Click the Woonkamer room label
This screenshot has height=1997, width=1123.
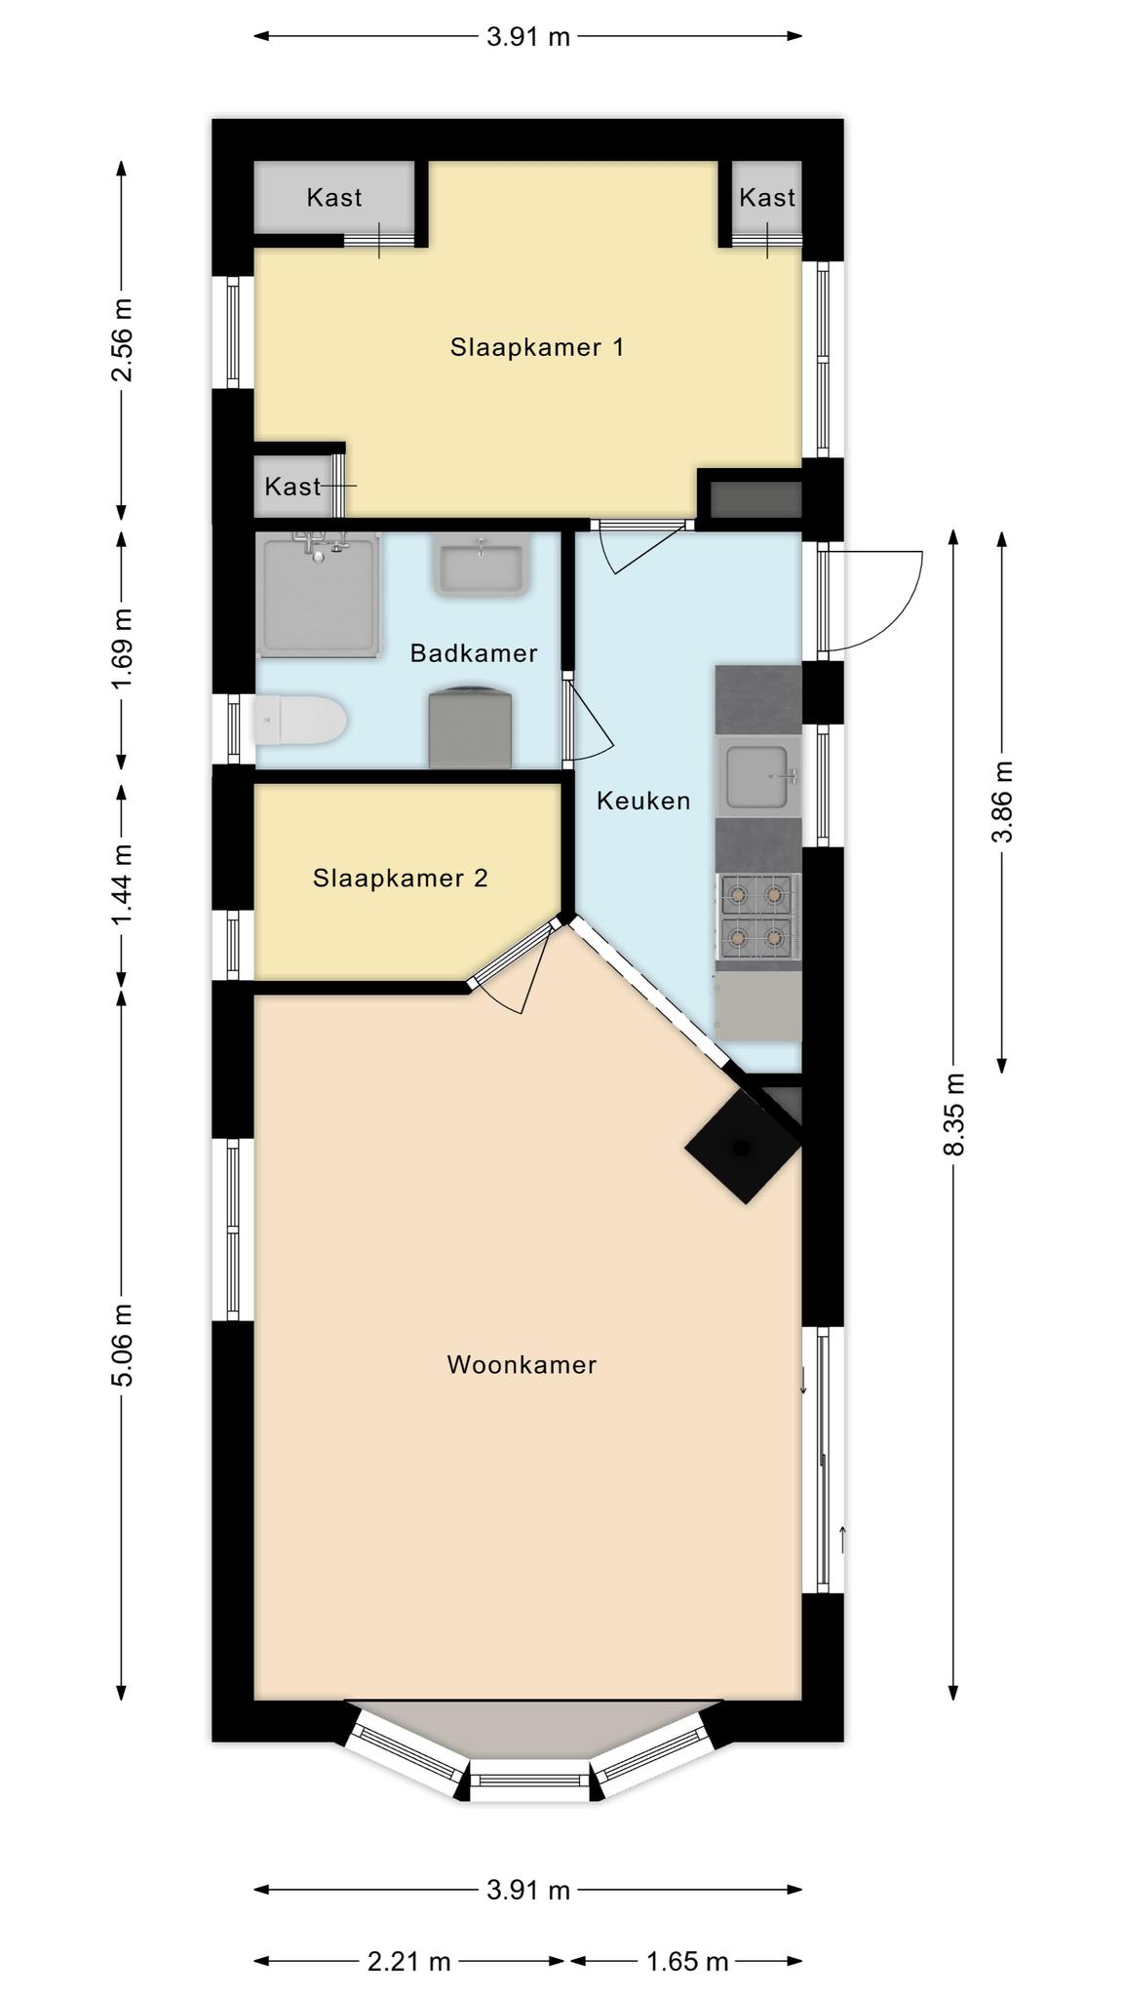[522, 1365]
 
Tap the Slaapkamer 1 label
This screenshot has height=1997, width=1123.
[537, 347]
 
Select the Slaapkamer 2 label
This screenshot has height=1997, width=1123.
[401, 879]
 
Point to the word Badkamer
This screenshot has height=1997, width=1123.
[474, 653]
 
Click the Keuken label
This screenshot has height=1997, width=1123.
[643, 801]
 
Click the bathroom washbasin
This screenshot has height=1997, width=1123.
[483, 565]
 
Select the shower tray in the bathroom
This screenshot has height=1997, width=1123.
[320, 594]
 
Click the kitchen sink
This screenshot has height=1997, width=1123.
[758, 777]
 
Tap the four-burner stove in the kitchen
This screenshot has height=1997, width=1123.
[758, 917]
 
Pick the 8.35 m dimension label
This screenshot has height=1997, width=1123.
[954, 1114]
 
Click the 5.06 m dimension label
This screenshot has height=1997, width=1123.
[122, 1344]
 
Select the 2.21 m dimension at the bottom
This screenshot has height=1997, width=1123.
[409, 1960]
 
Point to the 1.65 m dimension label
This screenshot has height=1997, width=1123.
[688, 1960]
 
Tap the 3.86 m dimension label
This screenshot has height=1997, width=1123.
[1002, 802]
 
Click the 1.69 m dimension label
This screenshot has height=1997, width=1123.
[122, 647]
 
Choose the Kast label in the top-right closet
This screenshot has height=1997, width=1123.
[767, 198]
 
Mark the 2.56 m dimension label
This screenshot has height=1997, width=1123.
[122, 340]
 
